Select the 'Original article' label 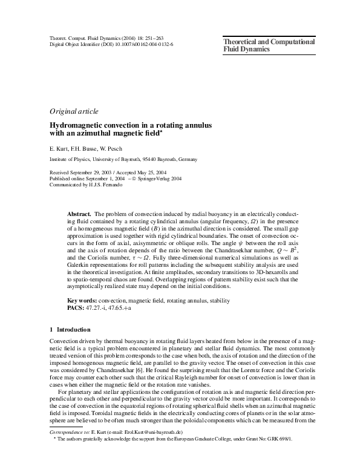[x=73, y=111]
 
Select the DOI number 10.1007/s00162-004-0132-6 [x=140, y=45]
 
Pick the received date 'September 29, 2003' [x=98, y=172]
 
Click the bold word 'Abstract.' [x=79, y=215]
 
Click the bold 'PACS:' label [x=75, y=307]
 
